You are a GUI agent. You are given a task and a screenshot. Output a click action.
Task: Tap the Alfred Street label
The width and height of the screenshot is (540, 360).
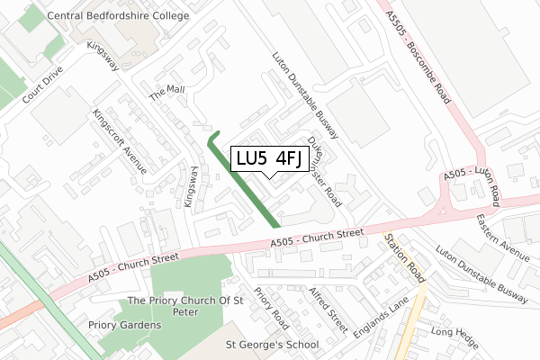click(x=328, y=309)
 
